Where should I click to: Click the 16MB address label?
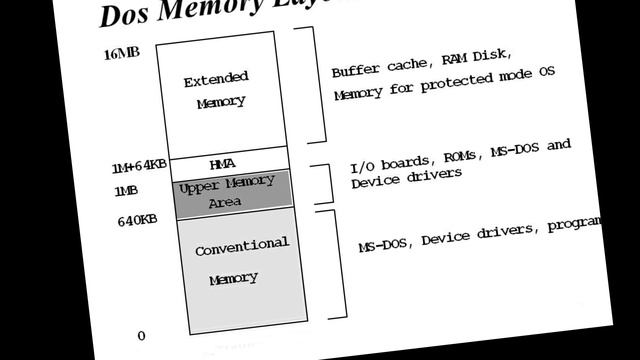[x=121, y=53]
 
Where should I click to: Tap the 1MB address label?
[x=127, y=190]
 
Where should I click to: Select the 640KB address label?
[x=136, y=220]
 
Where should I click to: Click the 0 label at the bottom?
[x=141, y=336]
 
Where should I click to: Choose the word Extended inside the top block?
[x=216, y=79]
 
